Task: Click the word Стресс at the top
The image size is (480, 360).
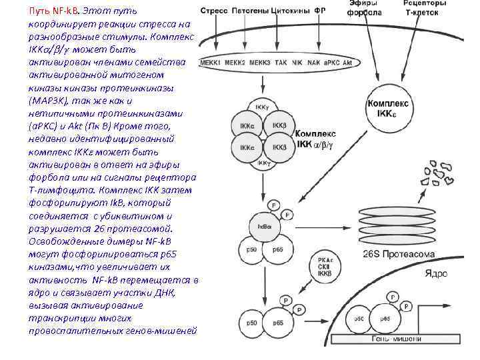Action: coord(215,12)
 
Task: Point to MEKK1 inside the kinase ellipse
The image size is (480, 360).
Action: coord(211,62)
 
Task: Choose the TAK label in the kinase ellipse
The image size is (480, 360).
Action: coord(281,62)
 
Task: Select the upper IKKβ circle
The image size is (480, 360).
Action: coord(279,125)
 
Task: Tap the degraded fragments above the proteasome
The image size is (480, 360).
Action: coord(441,172)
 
